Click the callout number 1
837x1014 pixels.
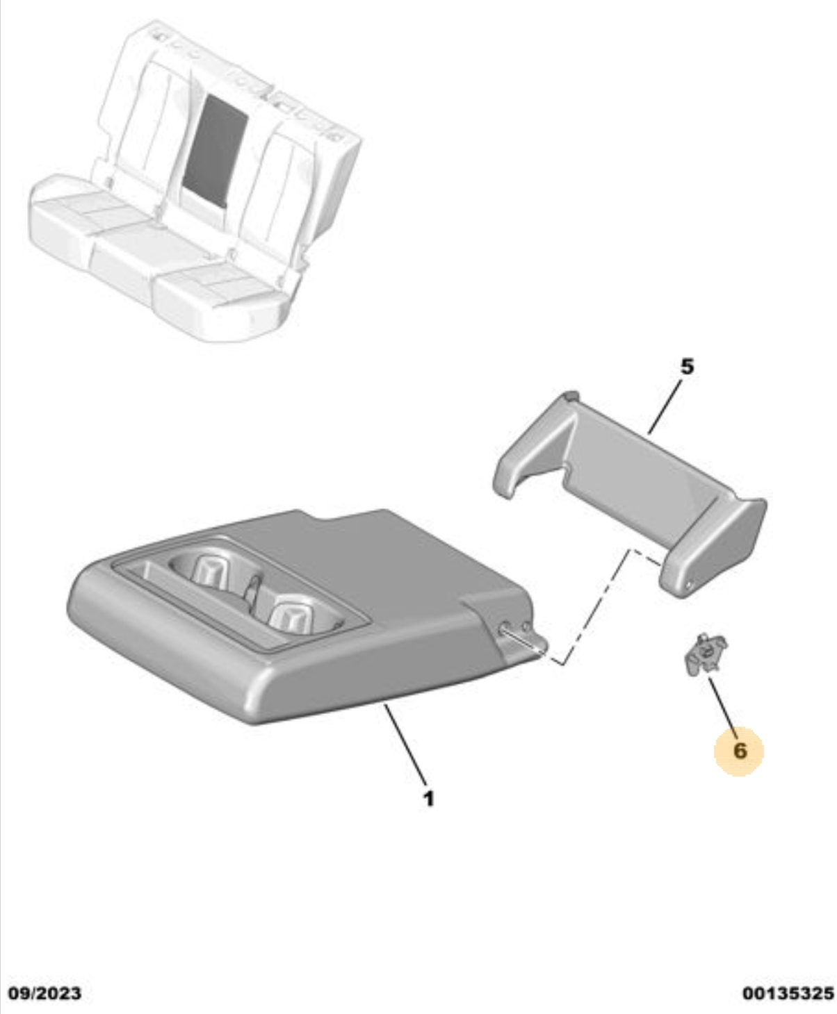pyautogui.click(x=428, y=799)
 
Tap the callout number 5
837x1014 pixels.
pyautogui.click(x=686, y=367)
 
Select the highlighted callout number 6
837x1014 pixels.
pyautogui.click(x=739, y=751)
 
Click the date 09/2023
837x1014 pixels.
pyautogui.click(x=44, y=993)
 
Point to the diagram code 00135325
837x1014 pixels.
pyautogui.click(x=788, y=993)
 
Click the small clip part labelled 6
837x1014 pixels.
pyautogui.click(x=706, y=654)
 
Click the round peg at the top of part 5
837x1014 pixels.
pyautogui.click(x=571, y=397)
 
